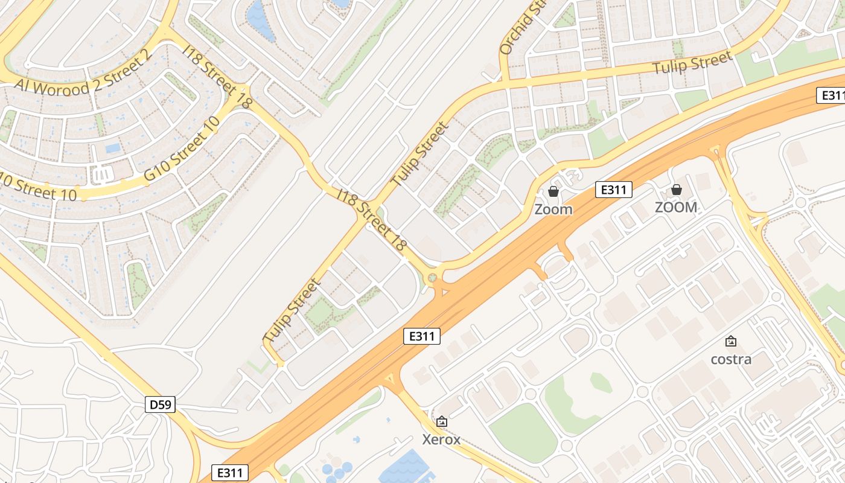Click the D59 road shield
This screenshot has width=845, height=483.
(x=160, y=405)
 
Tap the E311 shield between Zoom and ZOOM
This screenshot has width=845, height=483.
(x=613, y=190)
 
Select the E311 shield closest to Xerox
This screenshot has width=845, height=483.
(x=421, y=336)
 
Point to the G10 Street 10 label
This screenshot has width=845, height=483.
(x=181, y=149)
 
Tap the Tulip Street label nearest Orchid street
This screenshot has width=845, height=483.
(x=692, y=62)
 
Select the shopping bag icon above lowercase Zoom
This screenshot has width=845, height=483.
(x=553, y=192)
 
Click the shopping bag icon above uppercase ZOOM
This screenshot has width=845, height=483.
(x=676, y=190)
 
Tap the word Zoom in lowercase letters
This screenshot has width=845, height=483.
(x=553, y=210)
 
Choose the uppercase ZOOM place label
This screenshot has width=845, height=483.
(x=676, y=208)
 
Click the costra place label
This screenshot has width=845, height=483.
(x=731, y=359)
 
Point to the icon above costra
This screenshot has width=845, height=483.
(x=731, y=342)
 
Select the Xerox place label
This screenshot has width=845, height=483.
(x=441, y=439)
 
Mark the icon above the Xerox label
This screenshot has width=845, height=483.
(x=441, y=421)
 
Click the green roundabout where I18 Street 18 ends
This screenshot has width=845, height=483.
(x=432, y=278)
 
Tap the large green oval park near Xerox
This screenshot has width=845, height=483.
(x=523, y=433)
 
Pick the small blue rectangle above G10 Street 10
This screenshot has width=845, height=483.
(x=113, y=148)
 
